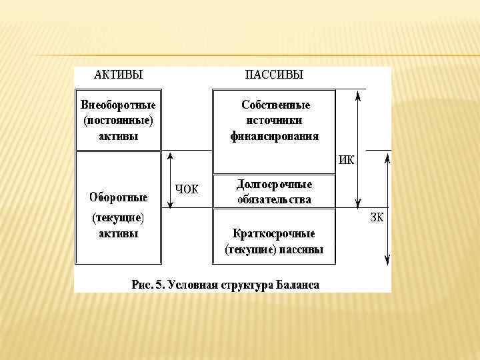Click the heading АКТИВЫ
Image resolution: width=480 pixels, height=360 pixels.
click(x=119, y=75)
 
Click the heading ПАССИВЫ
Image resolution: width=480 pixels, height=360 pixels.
click(x=274, y=75)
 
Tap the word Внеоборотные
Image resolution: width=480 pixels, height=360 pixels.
click(x=118, y=106)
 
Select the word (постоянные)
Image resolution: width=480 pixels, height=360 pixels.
click(x=118, y=121)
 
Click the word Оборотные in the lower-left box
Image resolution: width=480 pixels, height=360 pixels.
click(x=119, y=197)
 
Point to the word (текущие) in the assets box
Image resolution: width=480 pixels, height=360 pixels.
click(x=118, y=218)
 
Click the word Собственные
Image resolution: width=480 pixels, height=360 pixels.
click(x=275, y=105)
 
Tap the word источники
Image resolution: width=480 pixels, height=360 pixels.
click(x=274, y=121)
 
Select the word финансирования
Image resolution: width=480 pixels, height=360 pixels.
click(x=274, y=136)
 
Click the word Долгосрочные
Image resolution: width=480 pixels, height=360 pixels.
click(x=274, y=184)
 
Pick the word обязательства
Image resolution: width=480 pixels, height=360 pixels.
click(x=274, y=199)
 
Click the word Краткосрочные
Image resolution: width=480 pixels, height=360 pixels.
click(x=274, y=234)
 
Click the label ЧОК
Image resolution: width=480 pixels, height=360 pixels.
click(x=187, y=189)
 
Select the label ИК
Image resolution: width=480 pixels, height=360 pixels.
click(x=347, y=160)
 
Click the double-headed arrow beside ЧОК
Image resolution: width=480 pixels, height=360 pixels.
click(x=171, y=180)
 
